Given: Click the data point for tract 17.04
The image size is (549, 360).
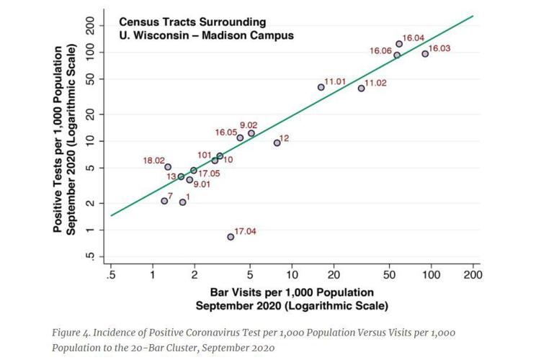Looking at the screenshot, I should click(x=231, y=236).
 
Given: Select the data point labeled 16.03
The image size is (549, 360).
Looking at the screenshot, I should click(x=425, y=53).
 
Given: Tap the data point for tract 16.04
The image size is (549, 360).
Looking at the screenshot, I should click(x=399, y=44).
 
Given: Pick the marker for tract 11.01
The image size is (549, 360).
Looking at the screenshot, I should click(x=321, y=87).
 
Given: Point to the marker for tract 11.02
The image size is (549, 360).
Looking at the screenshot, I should click(x=361, y=88).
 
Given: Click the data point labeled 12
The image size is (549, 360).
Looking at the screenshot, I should click(x=277, y=143).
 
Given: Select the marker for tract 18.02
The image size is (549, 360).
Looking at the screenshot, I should click(x=168, y=167).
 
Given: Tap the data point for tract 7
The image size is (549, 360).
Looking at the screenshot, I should click(x=164, y=201).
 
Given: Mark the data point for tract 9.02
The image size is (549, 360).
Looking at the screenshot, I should click(x=251, y=133).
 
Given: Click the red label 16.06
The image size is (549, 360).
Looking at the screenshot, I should click(x=380, y=51).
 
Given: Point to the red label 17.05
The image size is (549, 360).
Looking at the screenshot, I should click(x=210, y=174).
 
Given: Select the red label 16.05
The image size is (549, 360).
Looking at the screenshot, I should click(x=226, y=132).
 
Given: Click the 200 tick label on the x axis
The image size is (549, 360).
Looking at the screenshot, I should click(x=473, y=276).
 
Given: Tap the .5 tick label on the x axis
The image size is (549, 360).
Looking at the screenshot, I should click(x=111, y=276).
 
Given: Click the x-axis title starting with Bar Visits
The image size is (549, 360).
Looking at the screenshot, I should click(x=292, y=293).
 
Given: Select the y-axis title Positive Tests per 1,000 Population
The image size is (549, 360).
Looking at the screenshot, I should click(x=57, y=140).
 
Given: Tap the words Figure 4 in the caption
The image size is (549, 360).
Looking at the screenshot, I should click(x=71, y=333).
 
